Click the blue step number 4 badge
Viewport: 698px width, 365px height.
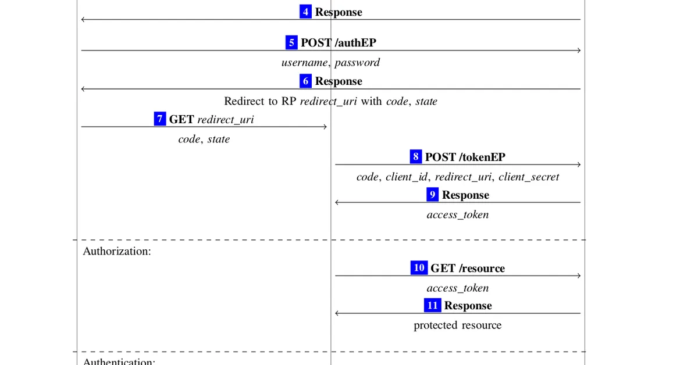point(305,12)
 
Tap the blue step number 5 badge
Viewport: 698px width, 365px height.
point(291,42)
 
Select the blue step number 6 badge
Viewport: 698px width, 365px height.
point(305,81)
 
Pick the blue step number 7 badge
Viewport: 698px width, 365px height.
point(160,119)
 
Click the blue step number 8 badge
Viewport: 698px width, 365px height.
point(415,156)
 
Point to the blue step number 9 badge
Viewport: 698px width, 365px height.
point(432,195)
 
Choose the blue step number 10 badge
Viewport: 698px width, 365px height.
point(419,268)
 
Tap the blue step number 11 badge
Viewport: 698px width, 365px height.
point(433,306)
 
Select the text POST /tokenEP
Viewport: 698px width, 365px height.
point(465,157)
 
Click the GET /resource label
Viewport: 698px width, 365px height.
point(468,268)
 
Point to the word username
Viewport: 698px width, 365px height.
point(305,63)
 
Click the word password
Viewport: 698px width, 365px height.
point(357,63)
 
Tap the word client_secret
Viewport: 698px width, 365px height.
point(529,177)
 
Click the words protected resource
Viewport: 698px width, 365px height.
point(458,325)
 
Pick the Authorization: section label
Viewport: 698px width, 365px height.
point(117,251)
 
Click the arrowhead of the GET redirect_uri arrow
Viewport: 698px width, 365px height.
point(325,127)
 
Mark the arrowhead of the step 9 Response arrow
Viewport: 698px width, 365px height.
point(337,202)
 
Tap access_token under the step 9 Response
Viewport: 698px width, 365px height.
point(458,215)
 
